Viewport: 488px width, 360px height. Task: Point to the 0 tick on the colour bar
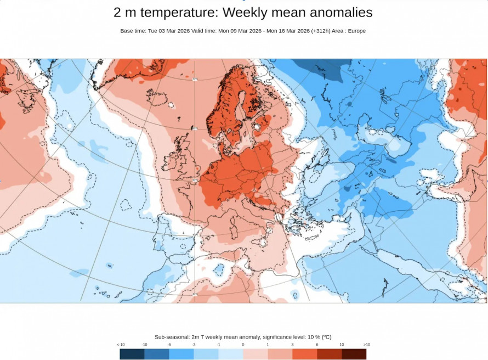point(243,344)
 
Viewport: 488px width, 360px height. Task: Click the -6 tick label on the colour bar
point(169,344)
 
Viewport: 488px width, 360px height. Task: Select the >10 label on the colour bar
point(366,344)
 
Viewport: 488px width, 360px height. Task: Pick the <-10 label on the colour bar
point(121,344)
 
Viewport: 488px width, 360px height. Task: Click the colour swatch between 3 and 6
point(304,354)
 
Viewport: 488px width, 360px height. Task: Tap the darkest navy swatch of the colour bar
point(132,354)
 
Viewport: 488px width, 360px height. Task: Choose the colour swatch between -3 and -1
point(206,354)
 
